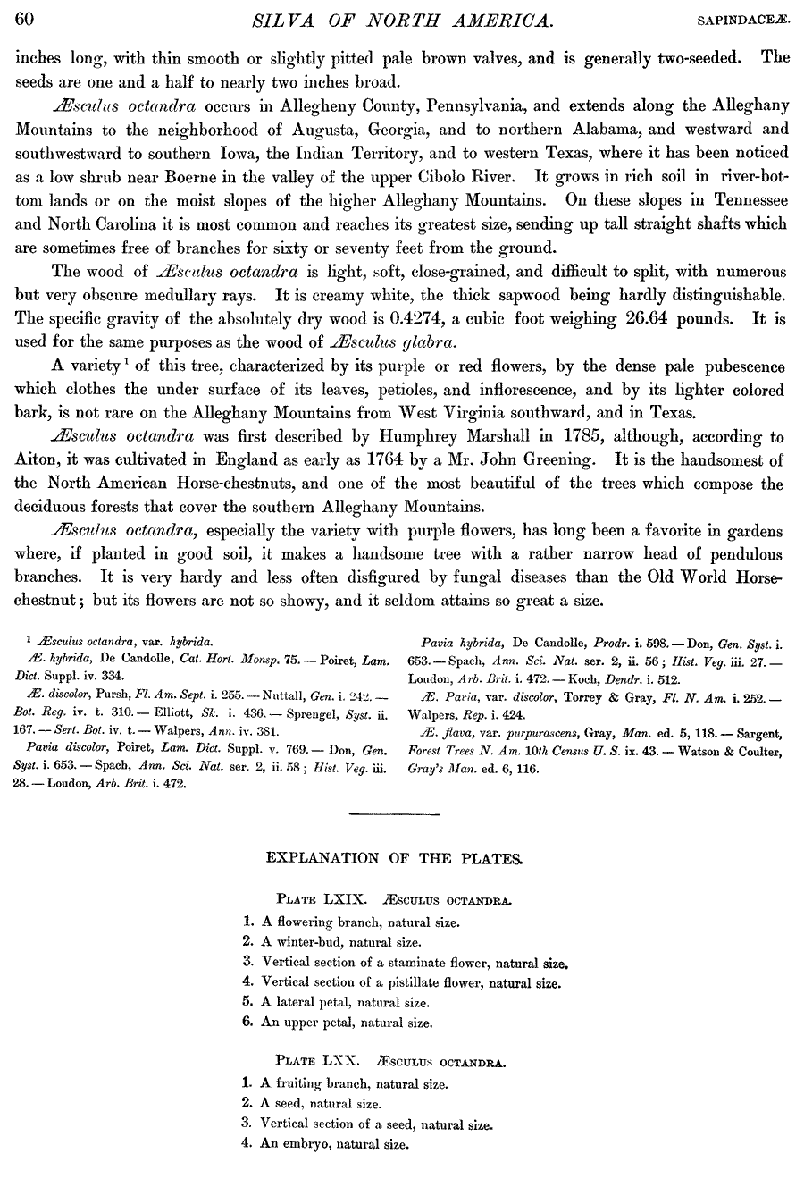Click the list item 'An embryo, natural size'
click(x=334, y=1143)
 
